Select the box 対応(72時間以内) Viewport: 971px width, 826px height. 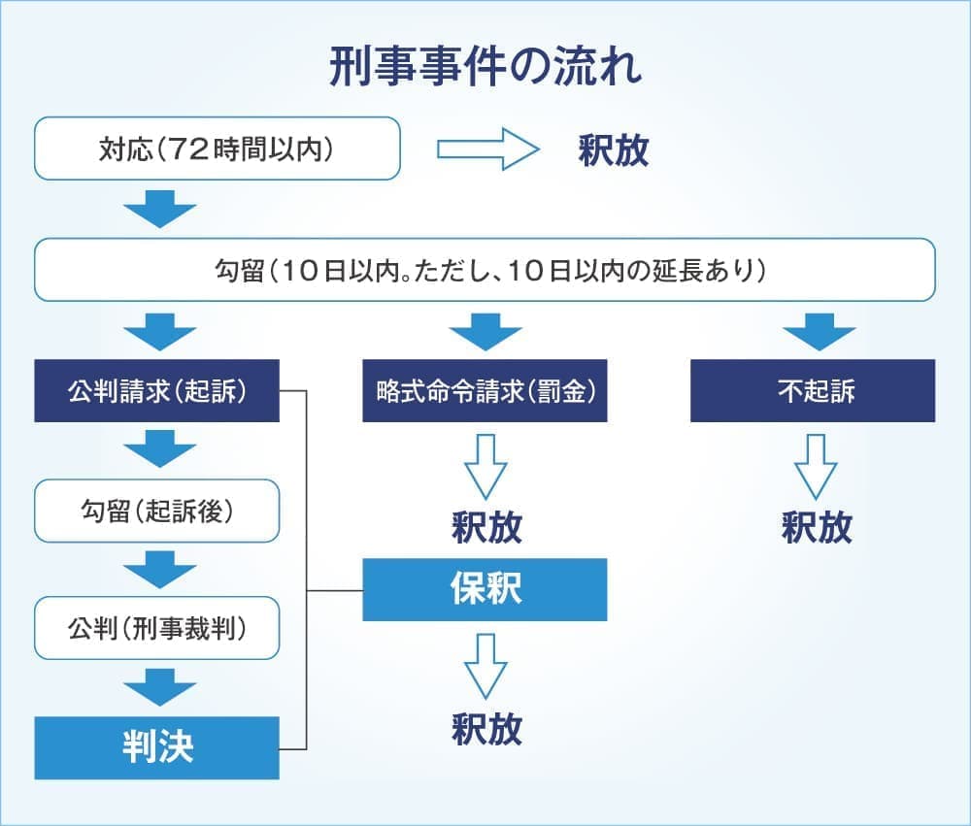pos(218,149)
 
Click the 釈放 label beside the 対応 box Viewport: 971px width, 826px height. pos(613,151)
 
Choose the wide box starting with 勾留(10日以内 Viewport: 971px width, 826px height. pos(485,270)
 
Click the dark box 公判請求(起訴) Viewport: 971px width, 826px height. pos(156,391)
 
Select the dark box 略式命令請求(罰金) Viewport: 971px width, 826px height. pos(485,391)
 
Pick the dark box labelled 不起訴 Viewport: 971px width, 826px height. pos(813,391)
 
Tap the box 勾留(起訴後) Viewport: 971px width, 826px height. pos(156,511)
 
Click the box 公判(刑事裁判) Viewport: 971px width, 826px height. pos(156,629)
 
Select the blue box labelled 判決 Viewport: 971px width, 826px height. pos(156,747)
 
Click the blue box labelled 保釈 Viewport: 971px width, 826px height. pos(485,589)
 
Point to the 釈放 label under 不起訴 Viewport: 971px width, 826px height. pos(817,527)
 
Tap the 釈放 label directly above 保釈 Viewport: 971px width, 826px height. pos(486,527)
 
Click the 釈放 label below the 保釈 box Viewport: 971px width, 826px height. pos(486,728)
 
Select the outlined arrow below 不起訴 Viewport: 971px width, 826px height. pos(816,465)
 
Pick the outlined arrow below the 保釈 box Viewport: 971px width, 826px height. pos(485,666)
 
